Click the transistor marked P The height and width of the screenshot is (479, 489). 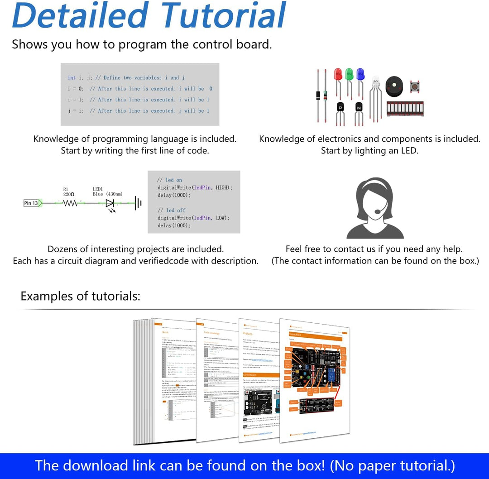(x=340, y=107)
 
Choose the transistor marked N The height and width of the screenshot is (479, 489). (x=359, y=107)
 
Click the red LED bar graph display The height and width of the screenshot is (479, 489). (x=405, y=109)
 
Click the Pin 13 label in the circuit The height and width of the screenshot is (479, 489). (x=32, y=203)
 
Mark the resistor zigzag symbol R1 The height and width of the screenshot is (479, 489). (x=70, y=204)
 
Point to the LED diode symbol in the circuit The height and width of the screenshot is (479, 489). (x=110, y=204)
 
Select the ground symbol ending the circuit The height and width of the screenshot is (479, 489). (x=138, y=203)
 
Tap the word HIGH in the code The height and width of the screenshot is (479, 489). (x=223, y=187)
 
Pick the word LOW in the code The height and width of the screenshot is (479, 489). (x=221, y=218)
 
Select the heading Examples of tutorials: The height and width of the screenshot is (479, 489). (x=80, y=296)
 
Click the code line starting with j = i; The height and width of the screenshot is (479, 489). (x=139, y=110)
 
